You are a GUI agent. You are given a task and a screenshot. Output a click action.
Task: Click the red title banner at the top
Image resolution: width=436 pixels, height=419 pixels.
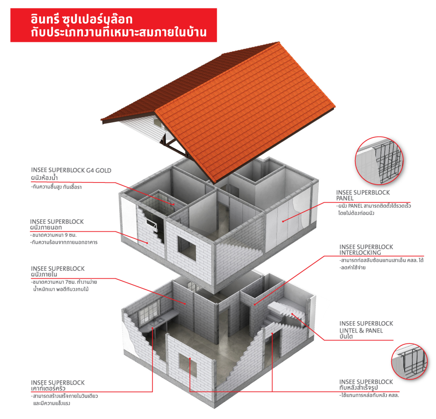[x=113, y=25]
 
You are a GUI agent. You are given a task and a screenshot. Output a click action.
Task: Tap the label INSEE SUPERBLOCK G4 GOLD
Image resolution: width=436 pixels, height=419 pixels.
[x=71, y=170]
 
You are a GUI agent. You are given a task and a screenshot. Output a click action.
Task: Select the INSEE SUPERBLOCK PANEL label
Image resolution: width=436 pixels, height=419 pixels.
[x=363, y=195]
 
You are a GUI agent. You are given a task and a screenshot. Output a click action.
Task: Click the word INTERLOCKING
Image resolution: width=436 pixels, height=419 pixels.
[x=360, y=252]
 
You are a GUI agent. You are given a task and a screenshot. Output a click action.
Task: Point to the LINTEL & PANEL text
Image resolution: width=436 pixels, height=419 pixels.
[x=361, y=331]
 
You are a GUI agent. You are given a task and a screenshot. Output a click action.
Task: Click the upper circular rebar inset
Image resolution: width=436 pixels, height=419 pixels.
[x=379, y=161]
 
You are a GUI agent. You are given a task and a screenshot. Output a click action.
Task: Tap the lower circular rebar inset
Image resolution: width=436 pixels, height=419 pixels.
[x=409, y=361]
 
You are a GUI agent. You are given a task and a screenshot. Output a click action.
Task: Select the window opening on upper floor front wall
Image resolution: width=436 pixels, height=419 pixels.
[x=187, y=248]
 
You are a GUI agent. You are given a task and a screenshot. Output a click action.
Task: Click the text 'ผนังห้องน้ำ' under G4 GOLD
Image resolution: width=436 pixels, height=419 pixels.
[x=45, y=177]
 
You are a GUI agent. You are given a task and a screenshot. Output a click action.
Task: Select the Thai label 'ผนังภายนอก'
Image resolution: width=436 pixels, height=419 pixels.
[x=46, y=227]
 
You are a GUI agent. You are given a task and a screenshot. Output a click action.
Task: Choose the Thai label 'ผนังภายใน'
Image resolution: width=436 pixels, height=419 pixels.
[x=44, y=274]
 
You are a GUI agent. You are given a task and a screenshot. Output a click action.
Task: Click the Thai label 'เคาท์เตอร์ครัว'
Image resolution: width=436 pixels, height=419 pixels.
[x=48, y=388]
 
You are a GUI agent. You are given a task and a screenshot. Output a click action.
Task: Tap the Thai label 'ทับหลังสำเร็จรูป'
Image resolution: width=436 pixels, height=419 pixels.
[x=358, y=388]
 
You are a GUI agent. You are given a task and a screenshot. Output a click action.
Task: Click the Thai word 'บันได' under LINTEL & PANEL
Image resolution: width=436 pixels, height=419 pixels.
[x=346, y=337]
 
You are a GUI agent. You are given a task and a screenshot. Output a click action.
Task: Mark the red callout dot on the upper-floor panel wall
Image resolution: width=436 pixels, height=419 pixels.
[x=283, y=222]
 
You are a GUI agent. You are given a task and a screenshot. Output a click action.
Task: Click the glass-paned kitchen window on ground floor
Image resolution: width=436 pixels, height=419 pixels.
[x=149, y=310]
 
